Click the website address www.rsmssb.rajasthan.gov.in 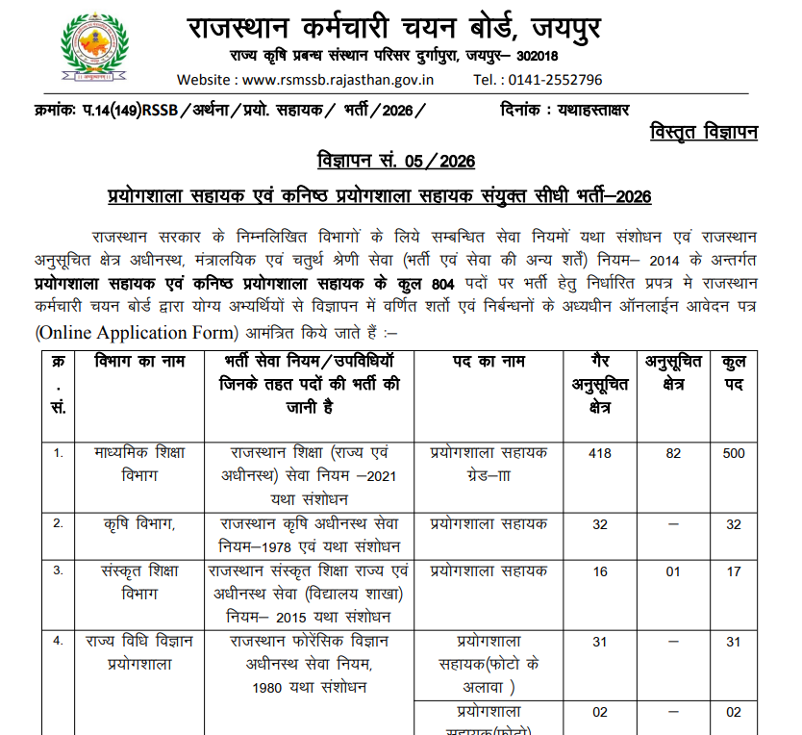(333, 80)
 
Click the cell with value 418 (600, 453)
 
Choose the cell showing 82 (673, 453)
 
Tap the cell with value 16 (600, 571)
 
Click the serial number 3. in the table (59, 570)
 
